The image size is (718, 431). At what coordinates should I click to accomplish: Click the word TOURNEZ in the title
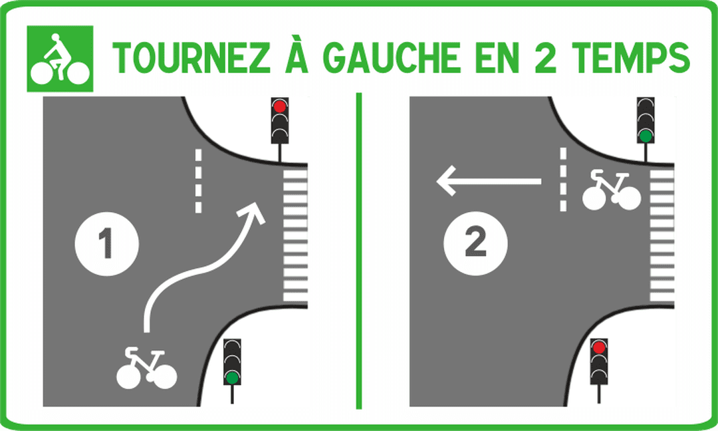tap(191, 58)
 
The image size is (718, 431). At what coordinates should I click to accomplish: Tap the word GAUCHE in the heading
tap(392, 58)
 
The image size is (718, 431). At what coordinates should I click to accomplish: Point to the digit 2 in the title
tap(545, 58)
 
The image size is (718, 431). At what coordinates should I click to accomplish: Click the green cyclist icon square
tap(60, 59)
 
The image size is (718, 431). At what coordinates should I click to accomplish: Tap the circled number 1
tap(106, 243)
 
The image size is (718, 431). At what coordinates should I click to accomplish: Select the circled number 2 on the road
tap(475, 243)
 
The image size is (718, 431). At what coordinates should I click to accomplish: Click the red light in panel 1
tap(279, 106)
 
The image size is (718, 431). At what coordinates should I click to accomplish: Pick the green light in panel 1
tap(232, 377)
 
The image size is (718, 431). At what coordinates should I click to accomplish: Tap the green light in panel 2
tap(646, 136)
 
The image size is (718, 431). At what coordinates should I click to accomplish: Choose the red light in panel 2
tap(599, 348)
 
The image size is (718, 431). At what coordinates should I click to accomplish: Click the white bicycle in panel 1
tap(146, 368)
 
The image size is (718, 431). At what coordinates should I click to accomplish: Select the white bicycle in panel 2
tap(612, 190)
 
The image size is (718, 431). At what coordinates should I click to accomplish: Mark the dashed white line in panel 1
tap(198, 181)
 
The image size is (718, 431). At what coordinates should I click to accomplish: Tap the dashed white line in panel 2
tap(563, 180)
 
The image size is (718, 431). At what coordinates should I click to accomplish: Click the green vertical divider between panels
tap(359, 251)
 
